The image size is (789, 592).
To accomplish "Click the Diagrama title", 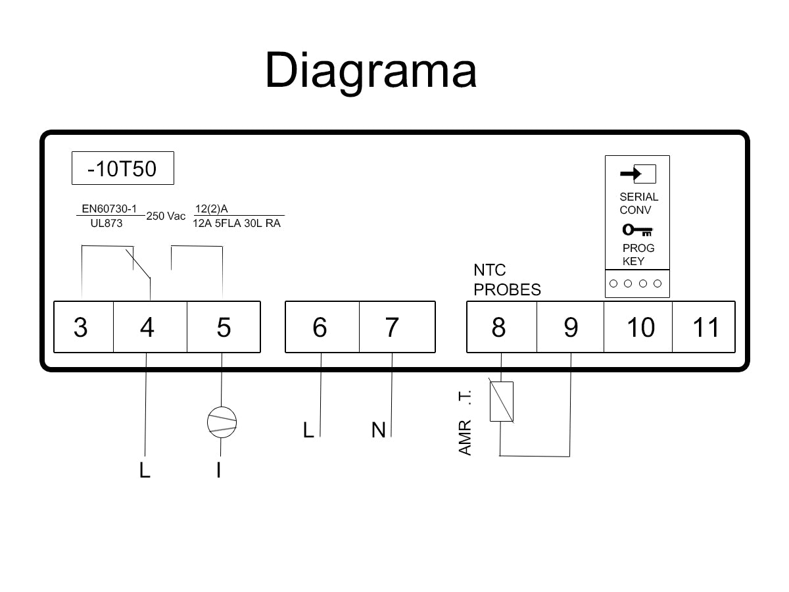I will [x=370, y=70].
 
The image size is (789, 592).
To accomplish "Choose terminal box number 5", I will [x=224, y=327].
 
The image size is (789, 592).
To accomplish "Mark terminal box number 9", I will [x=570, y=327].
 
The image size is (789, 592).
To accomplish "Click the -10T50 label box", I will [x=123, y=169].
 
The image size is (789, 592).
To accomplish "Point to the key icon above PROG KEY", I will [x=637, y=231].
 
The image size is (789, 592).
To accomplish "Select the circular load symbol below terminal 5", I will [x=222, y=422].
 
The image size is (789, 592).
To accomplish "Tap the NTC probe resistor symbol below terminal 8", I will [x=501, y=401].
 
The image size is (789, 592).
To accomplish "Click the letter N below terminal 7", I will [x=378, y=430].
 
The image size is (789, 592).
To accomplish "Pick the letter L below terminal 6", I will [x=308, y=430].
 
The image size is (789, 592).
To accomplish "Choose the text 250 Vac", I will [x=166, y=216].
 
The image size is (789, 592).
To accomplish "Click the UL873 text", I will [x=106, y=223].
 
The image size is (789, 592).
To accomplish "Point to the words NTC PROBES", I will [x=507, y=280].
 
